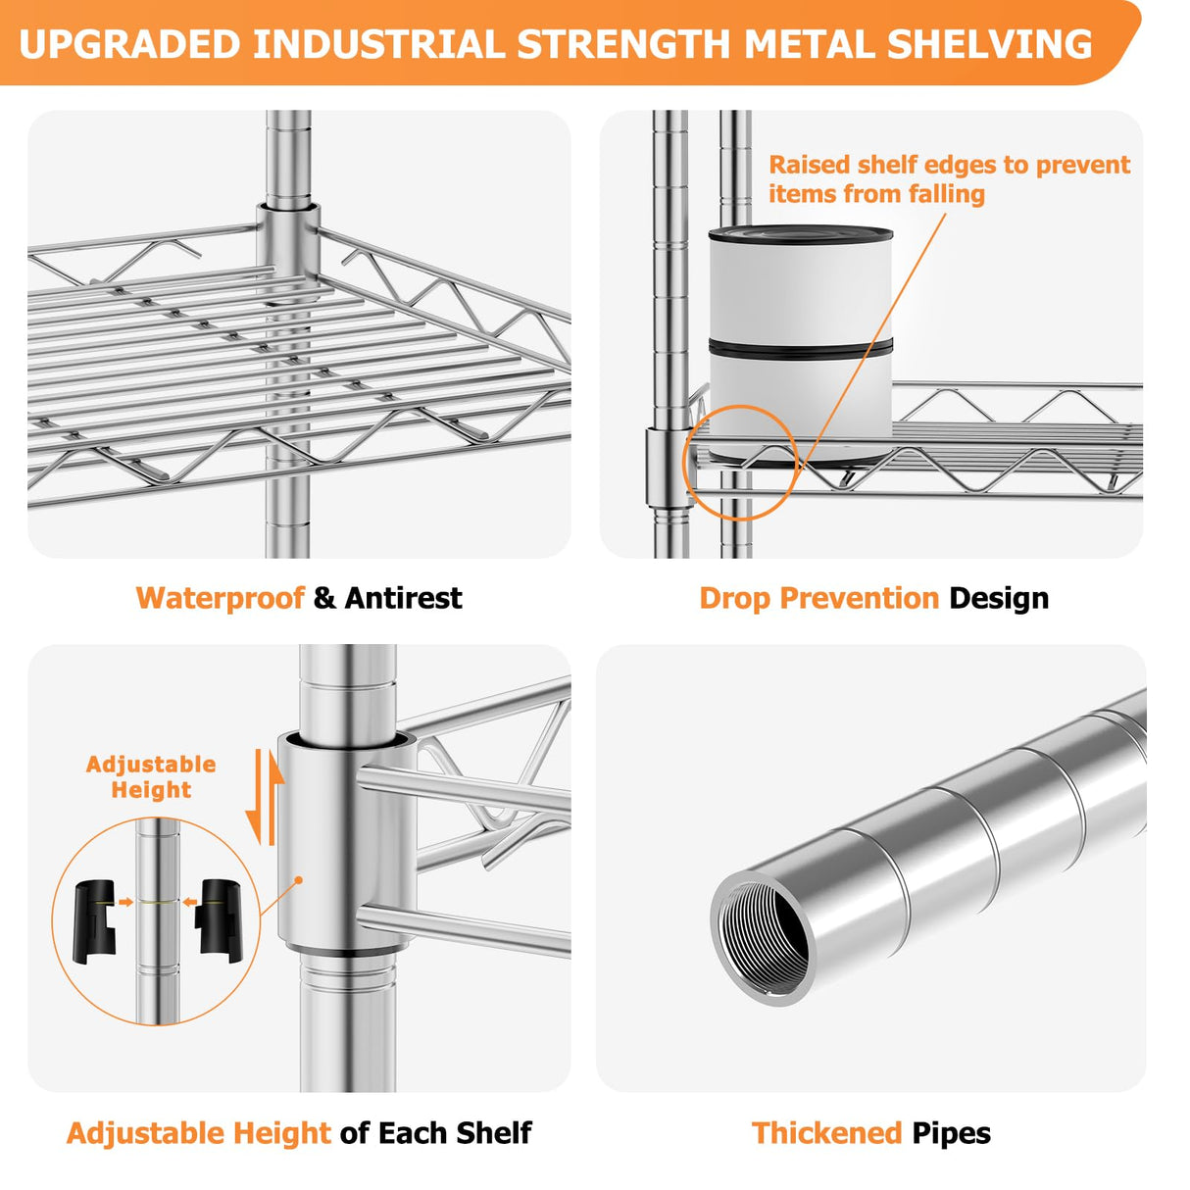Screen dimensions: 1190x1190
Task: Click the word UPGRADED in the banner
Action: (x=129, y=45)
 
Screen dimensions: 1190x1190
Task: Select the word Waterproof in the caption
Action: (x=220, y=598)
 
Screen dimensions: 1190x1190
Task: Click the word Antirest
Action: (x=403, y=598)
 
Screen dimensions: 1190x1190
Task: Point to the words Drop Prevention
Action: (x=818, y=598)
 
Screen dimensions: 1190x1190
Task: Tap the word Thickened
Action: (x=826, y=1133)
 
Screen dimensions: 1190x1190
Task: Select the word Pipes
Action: (x=951, y=1133)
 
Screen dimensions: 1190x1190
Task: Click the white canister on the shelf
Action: (x=800, y=294)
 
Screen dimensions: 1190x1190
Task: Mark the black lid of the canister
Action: (x=800, y=235)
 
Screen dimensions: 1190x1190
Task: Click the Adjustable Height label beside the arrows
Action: (x=151, y=777)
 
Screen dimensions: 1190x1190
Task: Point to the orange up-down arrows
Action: (x=264, y=797)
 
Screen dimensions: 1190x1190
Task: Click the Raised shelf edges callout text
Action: (x=948, y=178)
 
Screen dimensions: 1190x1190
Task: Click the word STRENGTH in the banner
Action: (x=624, y=45)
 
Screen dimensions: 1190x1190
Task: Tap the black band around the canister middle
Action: (x=800, y=348)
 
